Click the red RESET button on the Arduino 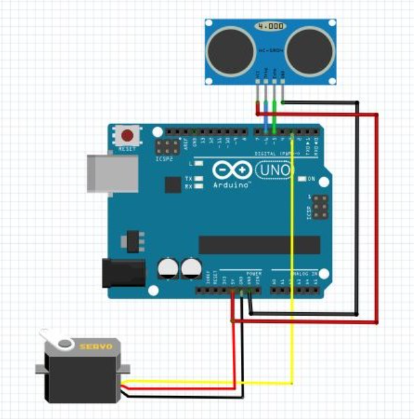[x=128, y=136]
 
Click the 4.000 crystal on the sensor [x=270, y=27]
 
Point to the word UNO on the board [x=274, y=171]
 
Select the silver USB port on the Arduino [x=112, y=173]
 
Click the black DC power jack [x=123, y=272]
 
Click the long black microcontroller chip [x=259, y=245]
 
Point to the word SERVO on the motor [x=95, y=346]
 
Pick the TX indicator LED [x=199, y=179]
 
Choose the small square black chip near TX [x=172, y=185]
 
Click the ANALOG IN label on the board [x=305, y=274]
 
